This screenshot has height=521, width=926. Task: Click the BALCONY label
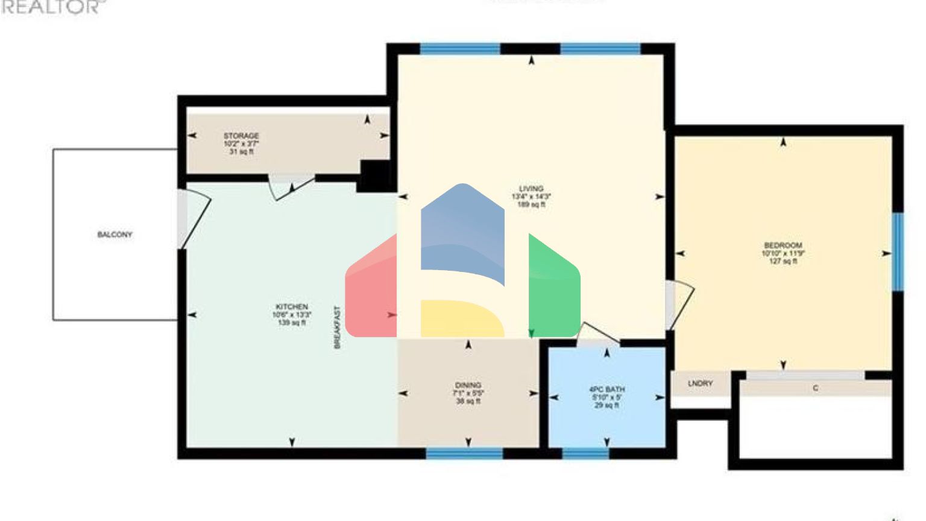pyautogui.click(x=115, y=235)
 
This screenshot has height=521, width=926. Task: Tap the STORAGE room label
pyautogui.click(x=241, y=136)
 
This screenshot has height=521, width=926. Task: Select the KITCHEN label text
pyautogui.click(x=292, y=307)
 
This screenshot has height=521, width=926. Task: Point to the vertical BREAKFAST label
pyautogui.click(x=338, y=327)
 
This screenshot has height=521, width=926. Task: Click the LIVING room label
pyautogui.click(x=531, y=189)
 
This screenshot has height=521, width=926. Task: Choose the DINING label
pyautogui.click(x=468, y=385)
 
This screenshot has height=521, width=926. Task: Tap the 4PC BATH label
pyautogui.click(x=606, y=390)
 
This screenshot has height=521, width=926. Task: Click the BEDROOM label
pyautogui.click(x=783, y=245)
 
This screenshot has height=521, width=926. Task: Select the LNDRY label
pyautogui.click(x=700, y=384)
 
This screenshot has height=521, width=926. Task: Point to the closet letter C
pyautogui.click(x=815, y=388)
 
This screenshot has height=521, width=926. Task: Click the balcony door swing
pyautogui.click(x=196, y=218)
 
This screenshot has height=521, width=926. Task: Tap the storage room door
pyautogui.click(x=291, y=188)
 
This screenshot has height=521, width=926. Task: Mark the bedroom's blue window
pyautogui.click(x=898, y=251)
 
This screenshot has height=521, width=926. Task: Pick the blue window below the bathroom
pyautogui.click(x=585, y=453)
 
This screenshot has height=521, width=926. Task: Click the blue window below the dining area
pyautogui.click(x=464, y=453)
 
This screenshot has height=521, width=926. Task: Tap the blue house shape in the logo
pyautogui.click(x=462, y=235)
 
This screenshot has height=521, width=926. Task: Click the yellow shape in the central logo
pyautogui.click(x=461, y=318)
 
